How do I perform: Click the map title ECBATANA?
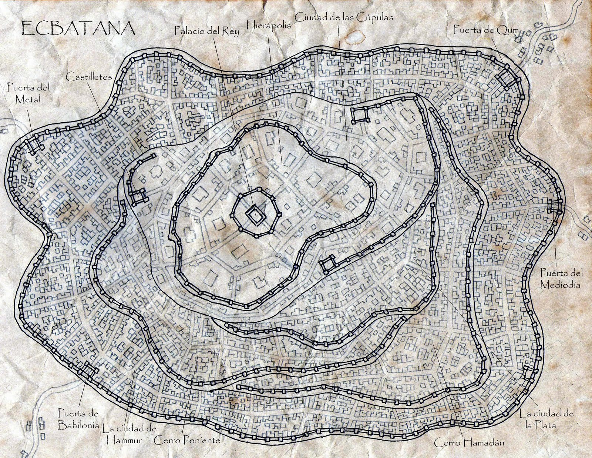[x=78, y=29]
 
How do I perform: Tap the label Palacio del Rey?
[x=207, y=31]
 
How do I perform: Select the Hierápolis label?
[x=268, y=25]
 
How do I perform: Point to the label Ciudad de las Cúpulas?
[x=344, y=17]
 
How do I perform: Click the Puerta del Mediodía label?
[x=561, y=279]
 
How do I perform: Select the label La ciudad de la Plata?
[x=546, y=419]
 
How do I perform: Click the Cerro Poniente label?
[x=187, y=441]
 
